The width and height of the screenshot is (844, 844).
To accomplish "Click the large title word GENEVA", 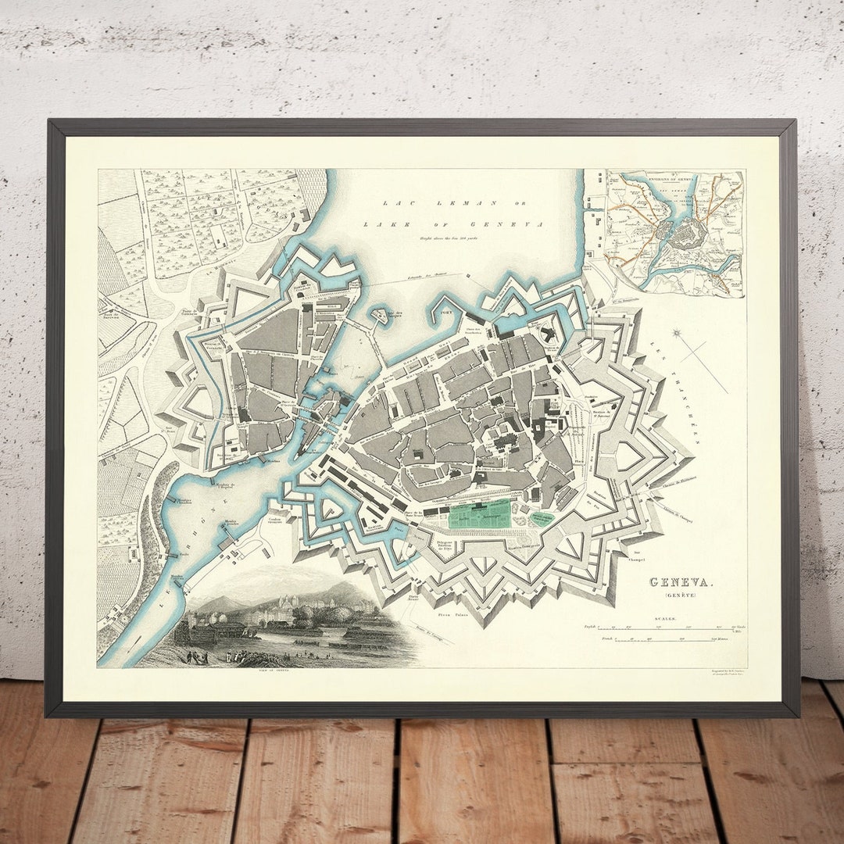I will pyautogui.click(x=681, y=582).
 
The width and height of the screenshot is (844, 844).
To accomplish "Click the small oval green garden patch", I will pyautogui.click(x=542, y=517).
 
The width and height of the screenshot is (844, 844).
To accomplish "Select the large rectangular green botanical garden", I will pyautogui.click(x=479, y=514).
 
